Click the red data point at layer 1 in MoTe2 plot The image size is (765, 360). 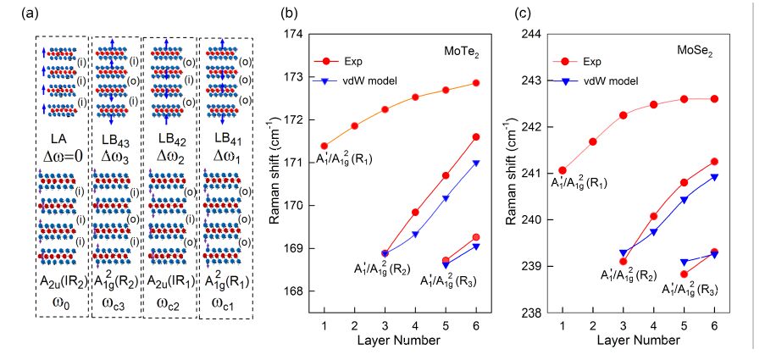[324, 146]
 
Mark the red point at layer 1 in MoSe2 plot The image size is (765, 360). [562, 170]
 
